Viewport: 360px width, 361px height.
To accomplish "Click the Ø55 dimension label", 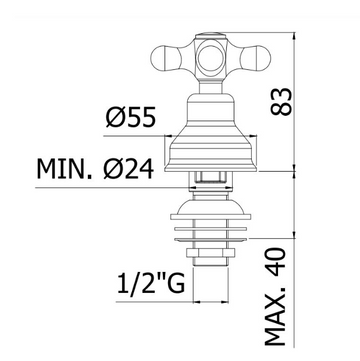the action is [x=131, y=118].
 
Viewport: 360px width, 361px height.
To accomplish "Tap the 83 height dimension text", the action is [x=281, y=102].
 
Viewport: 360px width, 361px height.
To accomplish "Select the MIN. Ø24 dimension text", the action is [x=95, y=169].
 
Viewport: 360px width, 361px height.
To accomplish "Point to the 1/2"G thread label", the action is [x=151, y=283].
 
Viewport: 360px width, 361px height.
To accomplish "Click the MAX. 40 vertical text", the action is [x=276, y=297].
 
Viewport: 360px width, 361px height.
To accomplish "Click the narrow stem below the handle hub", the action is [x=211, y=88].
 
